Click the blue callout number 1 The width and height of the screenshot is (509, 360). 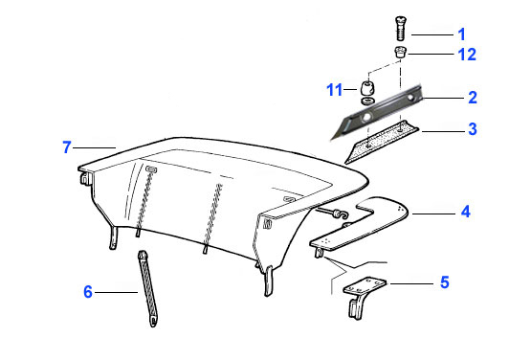click(461, 34)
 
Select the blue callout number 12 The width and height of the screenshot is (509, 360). click(467, 55)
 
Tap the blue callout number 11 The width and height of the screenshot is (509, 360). click(334, 90)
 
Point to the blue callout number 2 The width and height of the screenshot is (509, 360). click(473, 98)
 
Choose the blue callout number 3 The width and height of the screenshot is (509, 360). click(473, 129)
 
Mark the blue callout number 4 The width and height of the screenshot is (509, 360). click(466, 212)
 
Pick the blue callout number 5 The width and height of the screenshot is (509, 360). click(445, 282)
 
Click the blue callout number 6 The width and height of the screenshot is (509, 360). click(88, 292)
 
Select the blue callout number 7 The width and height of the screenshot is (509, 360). click(67, 147)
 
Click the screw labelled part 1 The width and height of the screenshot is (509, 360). click(401, 29)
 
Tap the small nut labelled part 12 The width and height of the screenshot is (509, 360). click(400, 53)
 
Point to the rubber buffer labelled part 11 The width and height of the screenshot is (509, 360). click(367, 88)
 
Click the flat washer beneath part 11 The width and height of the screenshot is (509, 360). click(367, 101)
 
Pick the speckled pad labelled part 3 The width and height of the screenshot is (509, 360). click(382, 142)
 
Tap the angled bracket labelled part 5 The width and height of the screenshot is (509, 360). click(361, 296)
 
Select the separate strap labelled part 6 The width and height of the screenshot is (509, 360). click(148, 288)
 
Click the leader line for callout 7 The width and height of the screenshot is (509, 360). click(95, 147)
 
